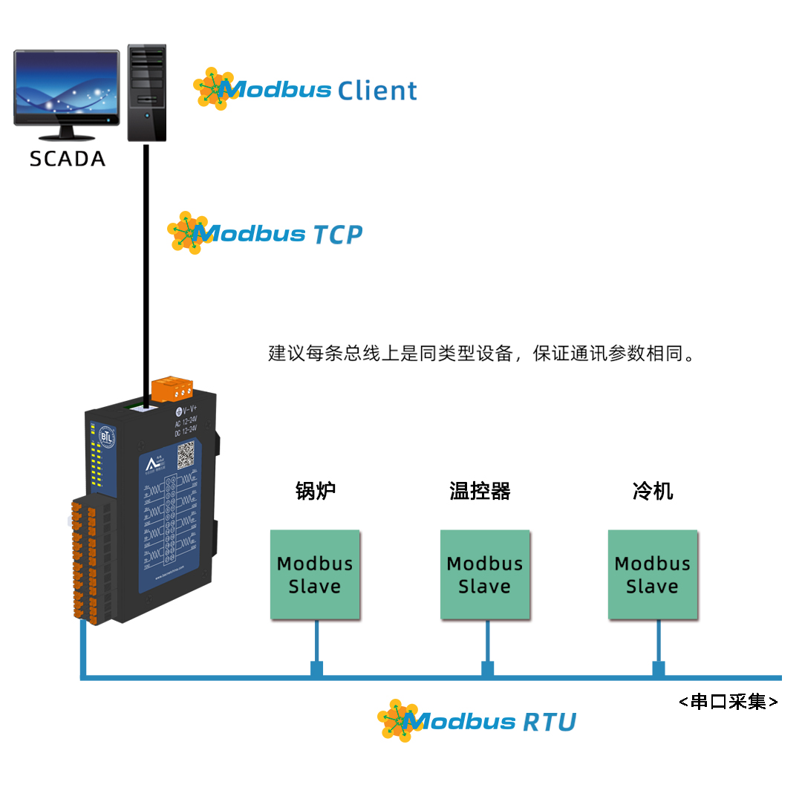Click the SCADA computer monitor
point(67,88)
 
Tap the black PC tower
point(146,92)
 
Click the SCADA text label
point(67,159)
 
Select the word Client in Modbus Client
point(377,91)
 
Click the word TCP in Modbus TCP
point(336,235)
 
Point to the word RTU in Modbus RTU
point(550,722)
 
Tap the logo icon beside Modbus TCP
point(188,232)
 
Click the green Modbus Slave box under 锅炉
point(315,575)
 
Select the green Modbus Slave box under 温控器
point(485,575)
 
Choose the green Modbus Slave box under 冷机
point(653,575)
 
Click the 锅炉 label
point(316,491)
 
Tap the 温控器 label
point(480,491)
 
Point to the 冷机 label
point(653,491)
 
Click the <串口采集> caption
point(728,702)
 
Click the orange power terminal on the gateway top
point(172,388)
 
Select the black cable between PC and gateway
point(146,275)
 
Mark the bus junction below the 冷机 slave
point(658,669)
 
